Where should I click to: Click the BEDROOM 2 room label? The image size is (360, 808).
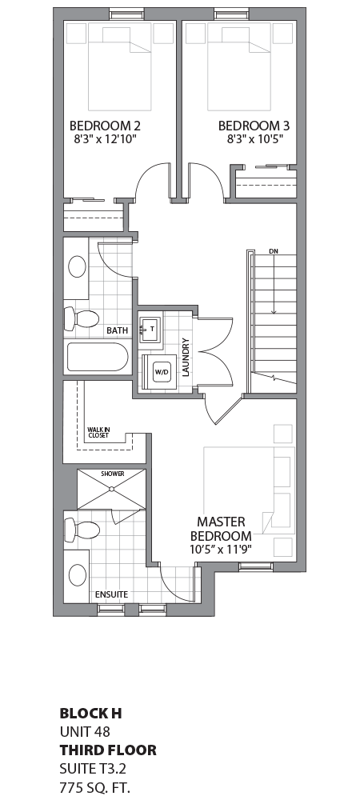[x=105, y=126]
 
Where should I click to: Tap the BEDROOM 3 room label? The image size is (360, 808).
[x=254, y=126]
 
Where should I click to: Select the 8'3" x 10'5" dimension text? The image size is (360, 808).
[x=254, y=139]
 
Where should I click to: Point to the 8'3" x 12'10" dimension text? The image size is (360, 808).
[x=105, y=139]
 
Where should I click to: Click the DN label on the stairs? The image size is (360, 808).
[x=273, y=252]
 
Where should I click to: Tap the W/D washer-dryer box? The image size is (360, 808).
[x=162, y=372]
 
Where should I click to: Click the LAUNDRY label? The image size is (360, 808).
[x=186, y=357]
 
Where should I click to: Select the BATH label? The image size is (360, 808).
[x=117, y=330]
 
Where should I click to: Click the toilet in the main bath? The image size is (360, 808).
[x=80, y=318]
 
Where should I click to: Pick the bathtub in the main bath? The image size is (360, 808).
[x=97, y=357]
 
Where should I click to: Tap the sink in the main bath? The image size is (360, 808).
[x=78, y=266]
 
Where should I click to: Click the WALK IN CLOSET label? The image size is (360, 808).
[x=99, y=434]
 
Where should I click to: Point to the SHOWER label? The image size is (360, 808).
[x=113, y=474]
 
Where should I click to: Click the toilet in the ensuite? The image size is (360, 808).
[x=82, y=529]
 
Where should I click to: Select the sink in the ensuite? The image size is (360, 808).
[x=78, y=574]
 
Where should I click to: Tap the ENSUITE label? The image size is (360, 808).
[x=111, y=594]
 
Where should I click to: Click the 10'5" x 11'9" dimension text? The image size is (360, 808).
[x=220, y=550]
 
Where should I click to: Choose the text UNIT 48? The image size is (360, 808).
[x=84, y=731]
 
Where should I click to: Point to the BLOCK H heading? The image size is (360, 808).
[x=90, y=712]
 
